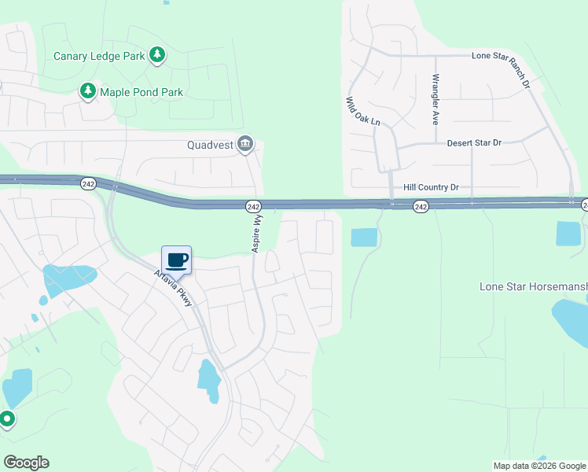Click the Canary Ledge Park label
[x=99, y=56]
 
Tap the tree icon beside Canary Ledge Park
[x=158, y=54]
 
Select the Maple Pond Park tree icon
[x=87, y=92]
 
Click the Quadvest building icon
[x=245, y=144]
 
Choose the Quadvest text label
[x=211, y=145]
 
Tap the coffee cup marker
[x=177, y=260]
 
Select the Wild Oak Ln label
[x=363, y=112]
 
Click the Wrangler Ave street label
[x=434, y=100]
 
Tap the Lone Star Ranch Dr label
[x=513, y=57]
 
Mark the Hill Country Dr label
[x=430, y=187]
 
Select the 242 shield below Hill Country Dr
[x=421, y=206]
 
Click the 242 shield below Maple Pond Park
[x=88, y=183]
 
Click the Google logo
[x=26, y=463]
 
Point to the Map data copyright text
[x=538, y=466]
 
